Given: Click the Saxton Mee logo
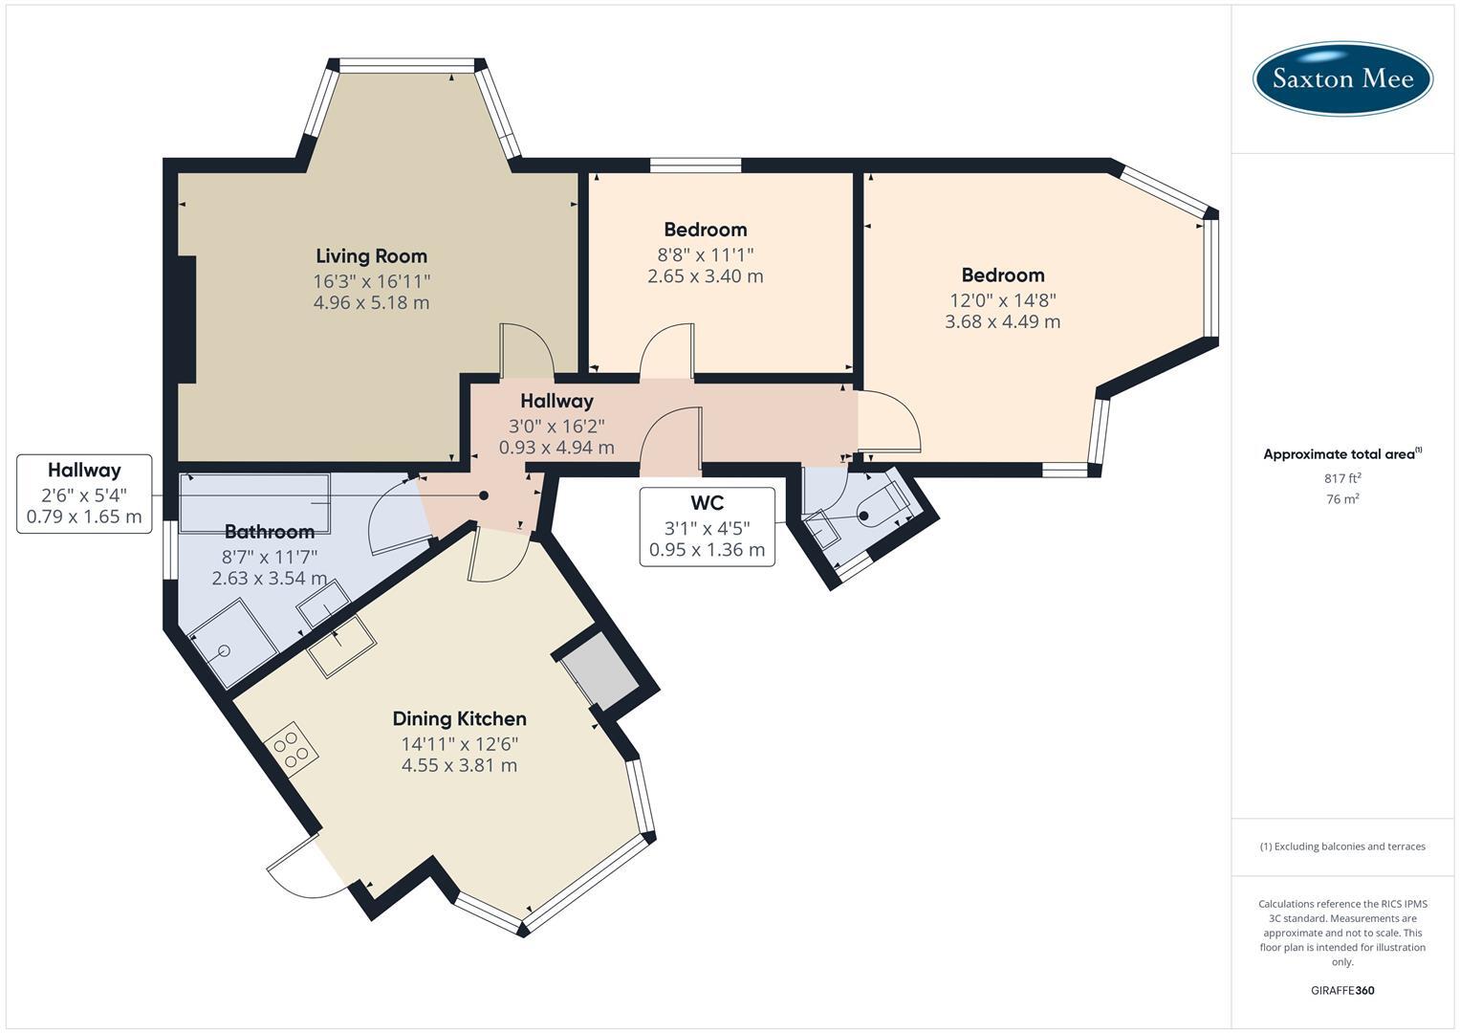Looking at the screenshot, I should click(1342, 78).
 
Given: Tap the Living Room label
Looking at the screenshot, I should click(371, 255).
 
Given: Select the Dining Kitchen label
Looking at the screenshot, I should click(459, 718).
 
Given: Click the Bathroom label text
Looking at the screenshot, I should click(269, 532).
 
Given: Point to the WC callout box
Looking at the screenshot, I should click(707, 526).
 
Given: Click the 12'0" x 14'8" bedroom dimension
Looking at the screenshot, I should click(1002, 298).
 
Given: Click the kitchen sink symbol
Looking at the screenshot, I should click(340, 647).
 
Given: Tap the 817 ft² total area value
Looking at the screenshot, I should click(1342, 477).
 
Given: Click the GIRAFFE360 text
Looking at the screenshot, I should click(1342, 990).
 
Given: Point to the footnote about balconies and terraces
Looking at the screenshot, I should click(1342, 846).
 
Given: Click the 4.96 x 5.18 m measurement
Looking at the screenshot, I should click(371, 303).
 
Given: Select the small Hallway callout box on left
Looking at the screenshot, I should click(84, 494).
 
